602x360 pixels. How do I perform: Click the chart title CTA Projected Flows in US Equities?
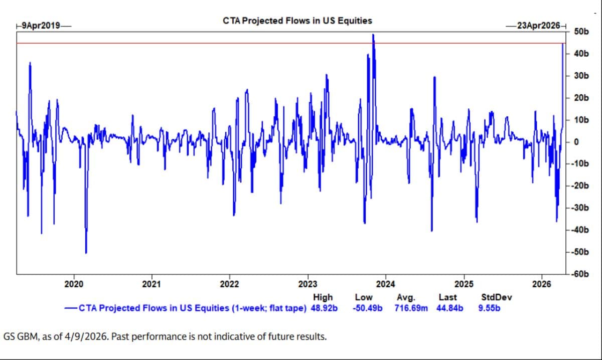[297, 21]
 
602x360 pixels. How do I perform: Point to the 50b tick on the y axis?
[580, 32]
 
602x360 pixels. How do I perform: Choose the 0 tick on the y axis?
[576, 142]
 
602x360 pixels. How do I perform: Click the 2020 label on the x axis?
[74, 284]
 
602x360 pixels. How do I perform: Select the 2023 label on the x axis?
[307, 284]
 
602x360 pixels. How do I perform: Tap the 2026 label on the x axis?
[542, 284]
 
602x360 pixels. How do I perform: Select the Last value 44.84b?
[447, 307]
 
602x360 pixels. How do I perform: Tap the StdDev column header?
[496, 297]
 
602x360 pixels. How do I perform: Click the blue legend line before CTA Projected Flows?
[71, 307]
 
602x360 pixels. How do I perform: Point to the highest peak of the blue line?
[373, 35]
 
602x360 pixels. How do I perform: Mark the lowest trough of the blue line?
[86, 253]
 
